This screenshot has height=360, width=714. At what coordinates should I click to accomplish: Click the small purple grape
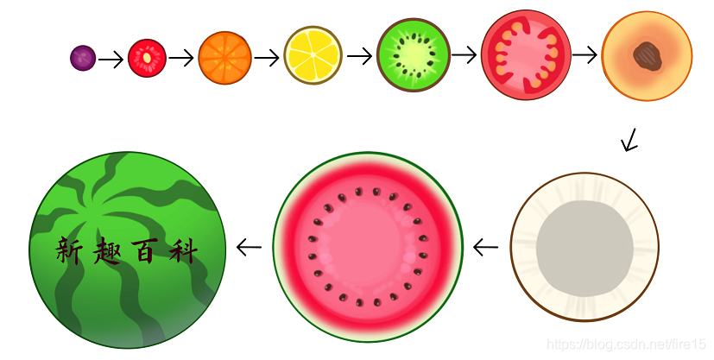(83, 58)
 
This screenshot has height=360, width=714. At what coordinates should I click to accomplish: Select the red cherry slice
(147, 58)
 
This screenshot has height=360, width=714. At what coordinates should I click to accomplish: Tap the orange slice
(224, 58)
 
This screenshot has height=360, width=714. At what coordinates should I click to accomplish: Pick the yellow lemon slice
(313, 55)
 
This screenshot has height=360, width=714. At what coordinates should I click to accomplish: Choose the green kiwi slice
(414, 54)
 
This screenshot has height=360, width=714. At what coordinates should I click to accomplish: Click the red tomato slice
(525, 54)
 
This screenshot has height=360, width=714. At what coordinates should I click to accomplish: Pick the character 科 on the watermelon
(182, 250)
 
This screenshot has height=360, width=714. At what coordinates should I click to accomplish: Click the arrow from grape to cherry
(111, 60)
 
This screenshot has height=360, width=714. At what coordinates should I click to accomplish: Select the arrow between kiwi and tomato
(464, 54)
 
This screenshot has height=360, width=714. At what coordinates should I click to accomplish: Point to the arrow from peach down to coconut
(630, 140)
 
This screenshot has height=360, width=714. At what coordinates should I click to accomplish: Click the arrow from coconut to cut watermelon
(486, 248)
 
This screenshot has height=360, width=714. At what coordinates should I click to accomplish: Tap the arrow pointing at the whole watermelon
(249, 248)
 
